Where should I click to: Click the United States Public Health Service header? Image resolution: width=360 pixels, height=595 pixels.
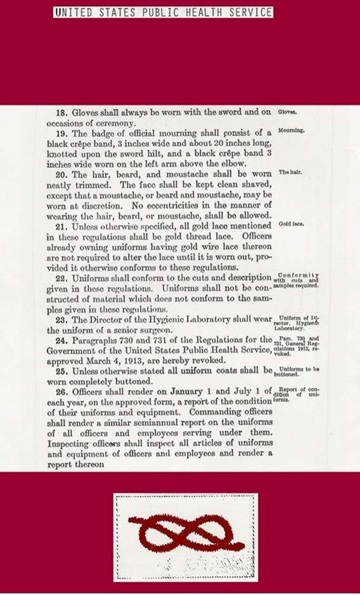[164, 13]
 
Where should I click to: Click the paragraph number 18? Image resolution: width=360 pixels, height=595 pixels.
[62, 113]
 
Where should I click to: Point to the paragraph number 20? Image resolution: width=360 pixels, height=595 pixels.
[62, 174]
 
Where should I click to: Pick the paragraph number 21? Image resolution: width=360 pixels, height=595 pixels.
[62, 226]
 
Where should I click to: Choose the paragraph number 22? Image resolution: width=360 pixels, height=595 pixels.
[62, 278]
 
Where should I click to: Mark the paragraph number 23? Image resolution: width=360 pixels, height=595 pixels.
[62, 319]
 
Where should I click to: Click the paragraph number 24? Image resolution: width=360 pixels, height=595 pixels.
[62, 340]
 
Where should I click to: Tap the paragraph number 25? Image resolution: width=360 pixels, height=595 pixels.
[62, 371]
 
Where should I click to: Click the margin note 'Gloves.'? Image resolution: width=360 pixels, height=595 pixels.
[288, 112]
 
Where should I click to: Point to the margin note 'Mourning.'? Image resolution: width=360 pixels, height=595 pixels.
[292, 130]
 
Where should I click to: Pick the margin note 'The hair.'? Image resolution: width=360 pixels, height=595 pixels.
[290, 172]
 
